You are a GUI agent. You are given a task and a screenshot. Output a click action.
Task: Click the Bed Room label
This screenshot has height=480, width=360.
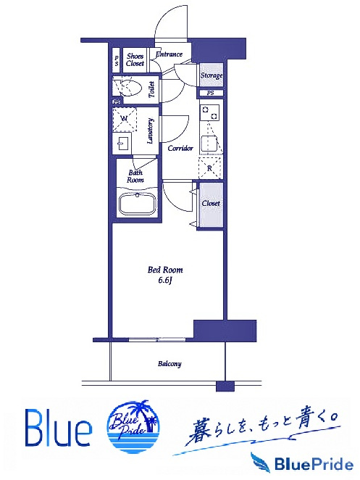[x=165, y=270]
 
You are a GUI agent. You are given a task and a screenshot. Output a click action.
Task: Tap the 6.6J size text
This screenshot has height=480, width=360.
[x=165, y=281]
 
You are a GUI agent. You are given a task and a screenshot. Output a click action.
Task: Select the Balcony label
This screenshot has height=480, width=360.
[x=169, y=364]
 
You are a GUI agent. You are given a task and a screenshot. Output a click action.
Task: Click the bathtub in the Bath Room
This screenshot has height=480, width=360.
[x=138, y=204]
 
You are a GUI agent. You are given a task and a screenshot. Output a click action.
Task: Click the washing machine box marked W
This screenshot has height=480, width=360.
[x=125, y=119]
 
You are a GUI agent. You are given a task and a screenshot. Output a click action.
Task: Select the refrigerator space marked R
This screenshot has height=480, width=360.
[x=210, y=167]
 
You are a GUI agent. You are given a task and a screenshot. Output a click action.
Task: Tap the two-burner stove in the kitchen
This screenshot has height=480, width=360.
[x=210, y=112]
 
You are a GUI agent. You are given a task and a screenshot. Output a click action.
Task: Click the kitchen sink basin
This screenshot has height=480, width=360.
[x=209, y=144]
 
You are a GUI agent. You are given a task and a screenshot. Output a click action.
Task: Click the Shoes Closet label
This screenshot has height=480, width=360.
[x=135, y=59]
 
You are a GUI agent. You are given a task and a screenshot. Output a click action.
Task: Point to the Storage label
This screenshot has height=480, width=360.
[x=212, y=75]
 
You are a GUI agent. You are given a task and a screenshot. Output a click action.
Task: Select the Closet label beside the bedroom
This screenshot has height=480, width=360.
[x=211, y=203]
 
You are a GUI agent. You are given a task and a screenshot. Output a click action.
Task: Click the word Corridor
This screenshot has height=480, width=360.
[x=180, y=148]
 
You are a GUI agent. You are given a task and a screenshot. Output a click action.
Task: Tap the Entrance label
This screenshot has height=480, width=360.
[x=169, y=54]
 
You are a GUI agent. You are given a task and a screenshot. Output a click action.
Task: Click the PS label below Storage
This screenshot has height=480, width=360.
[x=211, y=93]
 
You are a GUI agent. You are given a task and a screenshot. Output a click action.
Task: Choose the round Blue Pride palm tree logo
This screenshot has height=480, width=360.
[x=134, y=426]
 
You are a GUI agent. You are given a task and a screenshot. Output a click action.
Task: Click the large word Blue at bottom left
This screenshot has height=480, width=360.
[x=58, y=428]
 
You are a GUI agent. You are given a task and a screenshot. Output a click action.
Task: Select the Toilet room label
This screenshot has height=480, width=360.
[x=151, y=89]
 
